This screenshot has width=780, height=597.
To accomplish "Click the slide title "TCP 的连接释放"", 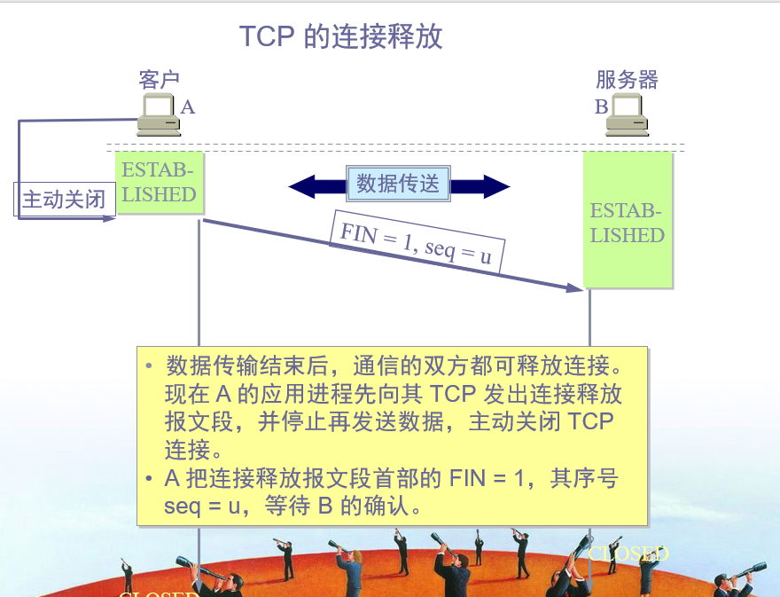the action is pos(340,36).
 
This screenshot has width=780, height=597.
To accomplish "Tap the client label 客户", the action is pos(160,80).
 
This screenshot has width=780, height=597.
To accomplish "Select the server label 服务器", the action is pos(627,80).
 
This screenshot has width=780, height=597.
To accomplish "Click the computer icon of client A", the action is pos(159,115).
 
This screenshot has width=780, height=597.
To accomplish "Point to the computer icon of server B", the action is pos(627,115).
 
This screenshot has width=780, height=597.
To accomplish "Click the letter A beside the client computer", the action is pos(187,107).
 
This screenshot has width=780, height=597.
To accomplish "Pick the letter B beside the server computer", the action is pos(601,107).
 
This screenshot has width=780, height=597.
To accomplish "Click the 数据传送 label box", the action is pos(398,185).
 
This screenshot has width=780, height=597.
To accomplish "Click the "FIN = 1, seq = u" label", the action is pos(416,242).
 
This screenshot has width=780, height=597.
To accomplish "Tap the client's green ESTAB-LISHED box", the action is pos(159,183).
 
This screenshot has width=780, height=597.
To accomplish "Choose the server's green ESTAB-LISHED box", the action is pos(628,222).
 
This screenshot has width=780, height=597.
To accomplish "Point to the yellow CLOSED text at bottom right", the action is pos(628,554).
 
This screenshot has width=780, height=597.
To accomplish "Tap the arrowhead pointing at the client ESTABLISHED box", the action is pos(110,217).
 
